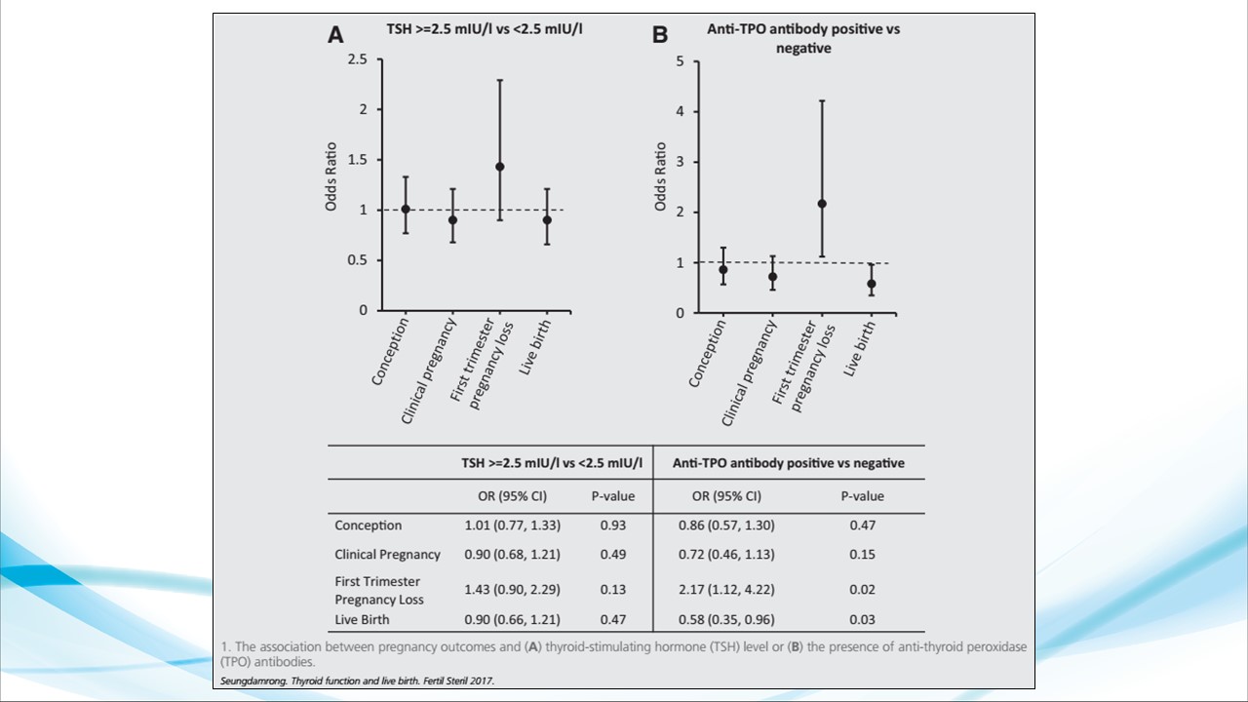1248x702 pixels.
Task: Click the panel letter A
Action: (334, 34)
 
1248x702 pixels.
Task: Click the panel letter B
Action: (660, 34)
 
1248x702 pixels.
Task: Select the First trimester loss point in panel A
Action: (500, 167)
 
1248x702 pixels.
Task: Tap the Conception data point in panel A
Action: (406, 209)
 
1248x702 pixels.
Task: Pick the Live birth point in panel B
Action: (872, 284)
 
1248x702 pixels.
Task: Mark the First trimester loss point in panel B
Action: (822, 204)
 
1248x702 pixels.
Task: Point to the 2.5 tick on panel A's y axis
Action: (358, 59)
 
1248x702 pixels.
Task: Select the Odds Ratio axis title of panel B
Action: (660, 176)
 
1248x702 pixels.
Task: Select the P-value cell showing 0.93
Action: (612, 526)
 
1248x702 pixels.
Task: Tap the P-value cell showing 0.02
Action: (862, 590)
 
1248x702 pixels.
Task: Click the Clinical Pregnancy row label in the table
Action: (387, 555)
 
